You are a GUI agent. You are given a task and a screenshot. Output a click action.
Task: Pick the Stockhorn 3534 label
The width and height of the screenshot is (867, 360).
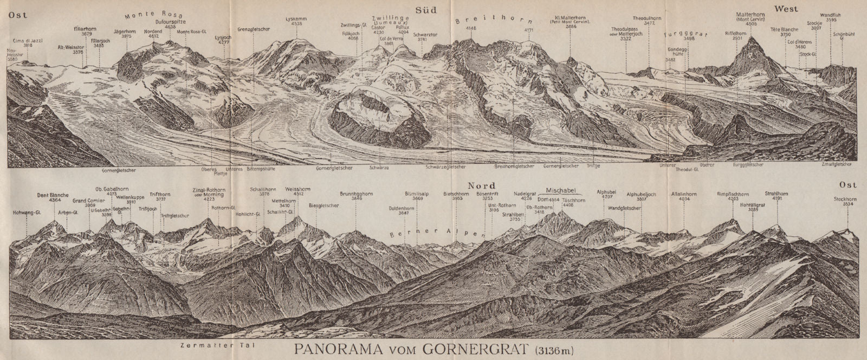click(845, 202)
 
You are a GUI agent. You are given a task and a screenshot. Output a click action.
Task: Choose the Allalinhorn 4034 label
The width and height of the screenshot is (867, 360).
click(683, 196)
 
